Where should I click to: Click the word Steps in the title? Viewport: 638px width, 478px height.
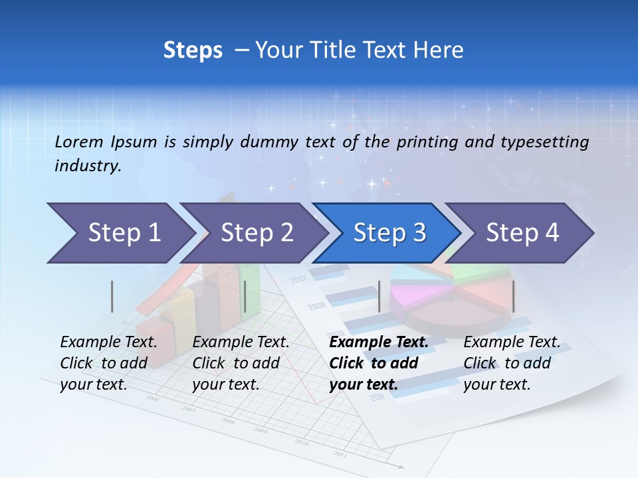click(x=193, y=50)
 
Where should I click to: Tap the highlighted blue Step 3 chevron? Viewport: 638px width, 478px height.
click(x=389, y=233)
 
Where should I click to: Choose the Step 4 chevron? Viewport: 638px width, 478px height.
click(x=522, y=233)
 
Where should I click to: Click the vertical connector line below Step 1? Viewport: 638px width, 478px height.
click(x=112, y=296)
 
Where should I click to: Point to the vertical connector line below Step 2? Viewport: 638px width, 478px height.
click(x=245, y=296)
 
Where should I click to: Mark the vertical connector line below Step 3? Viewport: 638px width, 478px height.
click(x=379, y=296)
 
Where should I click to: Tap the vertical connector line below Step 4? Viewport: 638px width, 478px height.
click(x=513, y=296)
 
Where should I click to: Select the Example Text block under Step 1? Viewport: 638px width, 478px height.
click(x=108, y=363)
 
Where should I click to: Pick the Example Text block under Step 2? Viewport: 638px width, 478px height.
click(x=241, y=363)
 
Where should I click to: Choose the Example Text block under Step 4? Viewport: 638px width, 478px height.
click(x=512, y=363)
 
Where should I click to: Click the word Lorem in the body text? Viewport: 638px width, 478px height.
click(x=79, y=141)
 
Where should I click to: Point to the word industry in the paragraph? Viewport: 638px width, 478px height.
click(x=88, y=166)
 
